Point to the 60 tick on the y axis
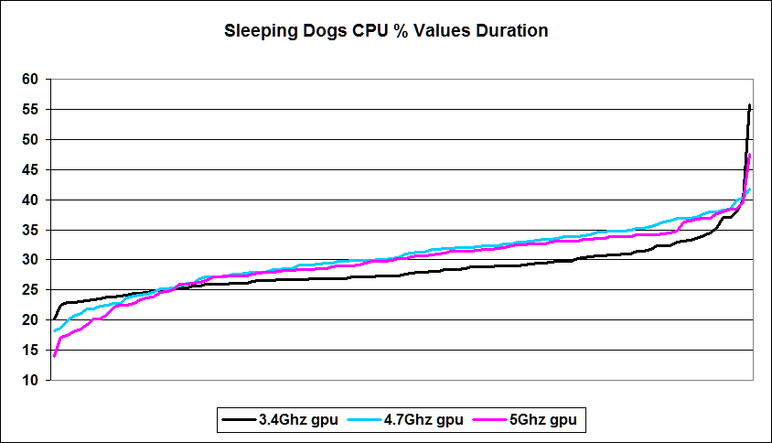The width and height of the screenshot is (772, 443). click(30, 80)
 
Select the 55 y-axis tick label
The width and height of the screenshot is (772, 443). click(30, 110)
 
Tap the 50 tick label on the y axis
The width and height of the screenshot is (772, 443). click(30, 140)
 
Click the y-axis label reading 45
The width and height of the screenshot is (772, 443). click(30, 170)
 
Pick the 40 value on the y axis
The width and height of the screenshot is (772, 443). click(30, 200)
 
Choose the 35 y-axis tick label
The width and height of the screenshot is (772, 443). click(30, 230)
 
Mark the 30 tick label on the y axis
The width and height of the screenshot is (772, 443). click(30, 260)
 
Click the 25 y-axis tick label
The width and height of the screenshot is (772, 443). click(30, 290)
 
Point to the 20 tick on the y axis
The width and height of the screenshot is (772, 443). click(30, 320)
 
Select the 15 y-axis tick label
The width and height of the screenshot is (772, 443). click(30, 351)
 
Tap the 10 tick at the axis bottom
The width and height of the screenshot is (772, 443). click(30, 380)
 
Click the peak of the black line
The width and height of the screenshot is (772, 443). click(750, 105)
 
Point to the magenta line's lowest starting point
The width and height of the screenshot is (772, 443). click(55, 356)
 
